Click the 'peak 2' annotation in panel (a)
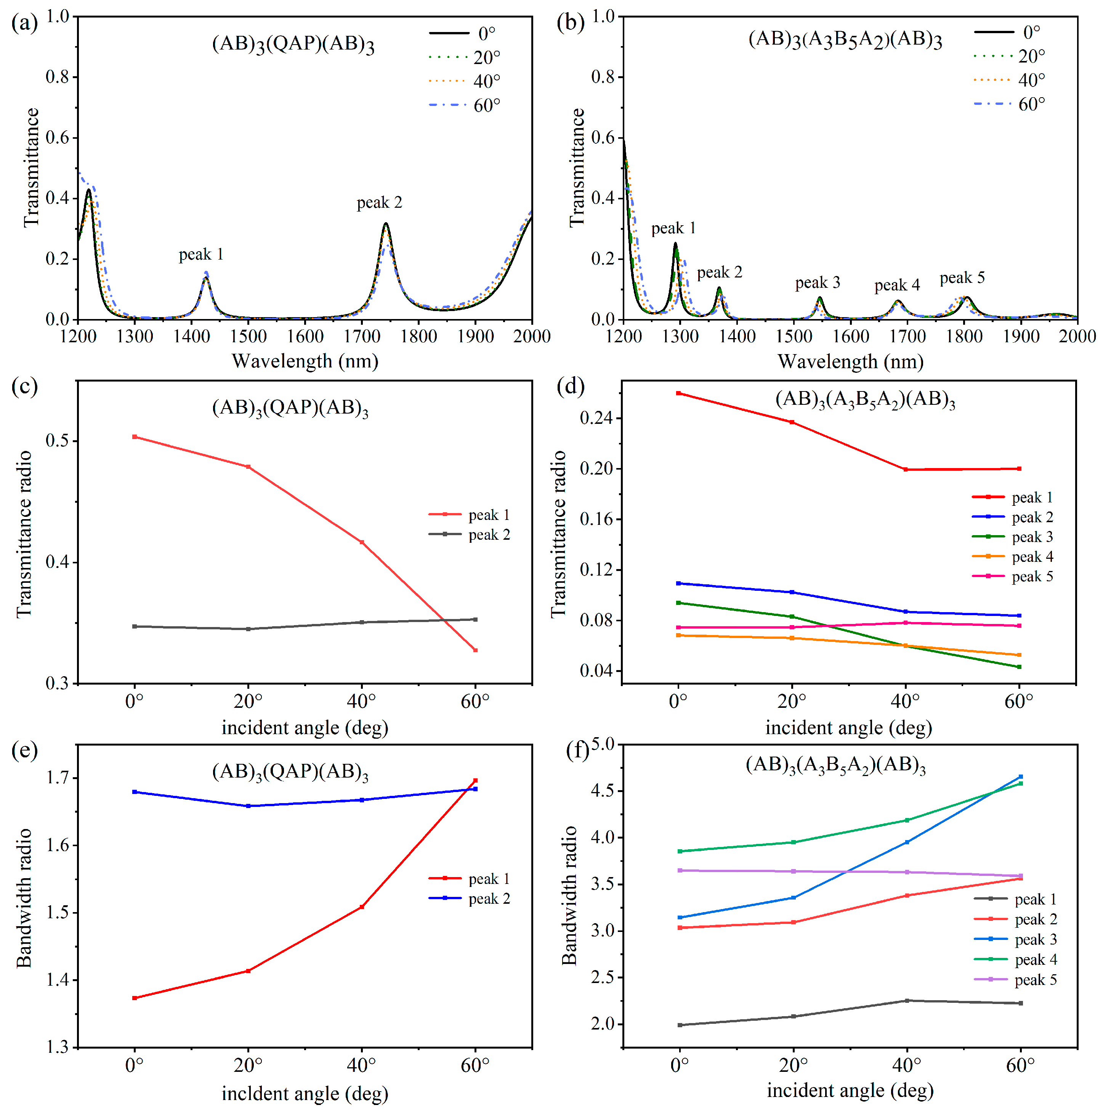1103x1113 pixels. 379,203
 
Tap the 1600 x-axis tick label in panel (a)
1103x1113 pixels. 305,337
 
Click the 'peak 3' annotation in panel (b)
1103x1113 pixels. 817,283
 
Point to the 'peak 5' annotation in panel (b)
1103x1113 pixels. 962,278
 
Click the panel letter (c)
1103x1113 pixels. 24,387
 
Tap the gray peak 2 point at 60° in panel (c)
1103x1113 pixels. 475,619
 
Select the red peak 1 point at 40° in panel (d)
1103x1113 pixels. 906,470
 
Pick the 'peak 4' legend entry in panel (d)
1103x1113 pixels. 1013,556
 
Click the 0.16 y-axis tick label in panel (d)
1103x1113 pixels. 597,519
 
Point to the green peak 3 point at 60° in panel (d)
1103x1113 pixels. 1019,667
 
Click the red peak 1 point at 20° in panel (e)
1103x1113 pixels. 248,971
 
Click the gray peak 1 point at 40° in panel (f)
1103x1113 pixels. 907,1001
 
